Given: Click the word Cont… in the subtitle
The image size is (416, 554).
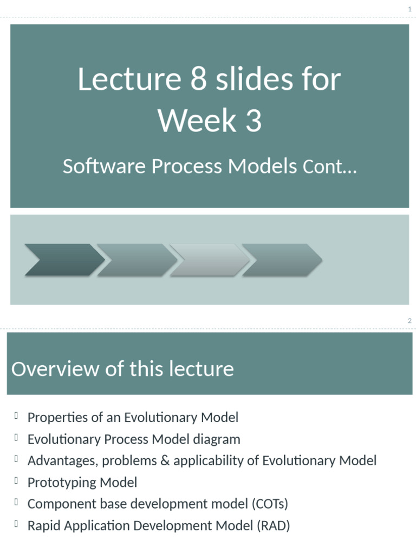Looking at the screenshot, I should [x=329, y=167].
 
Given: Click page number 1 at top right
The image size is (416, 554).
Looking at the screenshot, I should [x=409, y=9].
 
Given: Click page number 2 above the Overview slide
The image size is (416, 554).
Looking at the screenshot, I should [x=409, y=321].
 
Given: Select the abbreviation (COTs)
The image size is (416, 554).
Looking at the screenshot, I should [x=269, y=504].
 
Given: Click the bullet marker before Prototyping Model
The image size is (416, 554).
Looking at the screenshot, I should [x=17, y=481].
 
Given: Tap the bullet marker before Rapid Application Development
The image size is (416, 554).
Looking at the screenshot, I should [x=17, y=524].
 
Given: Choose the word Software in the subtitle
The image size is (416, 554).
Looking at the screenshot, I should [x=104, y=167].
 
